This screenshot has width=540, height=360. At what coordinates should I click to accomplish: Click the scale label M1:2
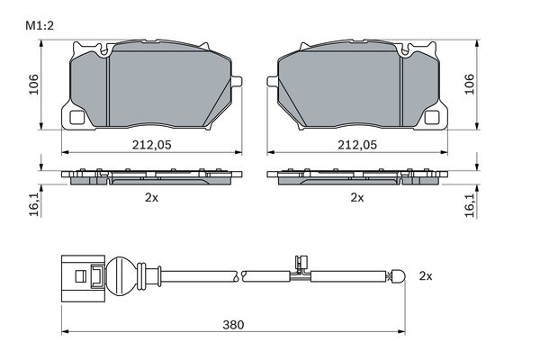[x=40, y=26]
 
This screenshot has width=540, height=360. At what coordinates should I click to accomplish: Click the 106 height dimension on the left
[x=34, y=84]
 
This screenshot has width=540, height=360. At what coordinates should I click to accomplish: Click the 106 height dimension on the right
[x=469, y=84]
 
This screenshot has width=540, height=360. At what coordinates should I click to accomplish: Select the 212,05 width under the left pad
[x=151, y=145]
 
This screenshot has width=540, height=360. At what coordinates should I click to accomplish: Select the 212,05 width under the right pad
[x=357, y=145]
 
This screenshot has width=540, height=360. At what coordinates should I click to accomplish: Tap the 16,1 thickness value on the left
[x=34, y=204]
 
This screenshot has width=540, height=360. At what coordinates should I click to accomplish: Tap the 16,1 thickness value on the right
[x=470, y=204]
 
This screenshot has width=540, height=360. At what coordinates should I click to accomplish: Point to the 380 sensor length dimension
[x=233, y=325]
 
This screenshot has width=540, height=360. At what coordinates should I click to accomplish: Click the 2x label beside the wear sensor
[x=426, y=276]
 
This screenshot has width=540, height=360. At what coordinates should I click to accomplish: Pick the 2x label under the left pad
[x=151, y=197]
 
